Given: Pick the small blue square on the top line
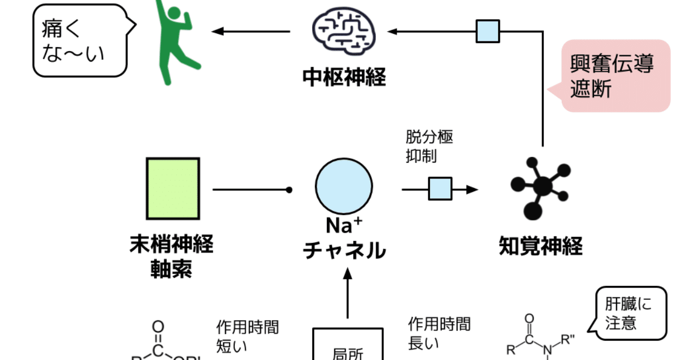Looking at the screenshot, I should point(488,31).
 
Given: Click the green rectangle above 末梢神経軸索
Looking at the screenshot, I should point(173,189).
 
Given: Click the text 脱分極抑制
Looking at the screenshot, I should point(429,146).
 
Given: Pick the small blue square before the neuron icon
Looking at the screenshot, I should point(440,189).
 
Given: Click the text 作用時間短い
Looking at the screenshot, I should point(247,336).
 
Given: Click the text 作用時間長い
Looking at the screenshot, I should point(439,333).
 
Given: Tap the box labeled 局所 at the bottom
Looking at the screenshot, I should point(348,347).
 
